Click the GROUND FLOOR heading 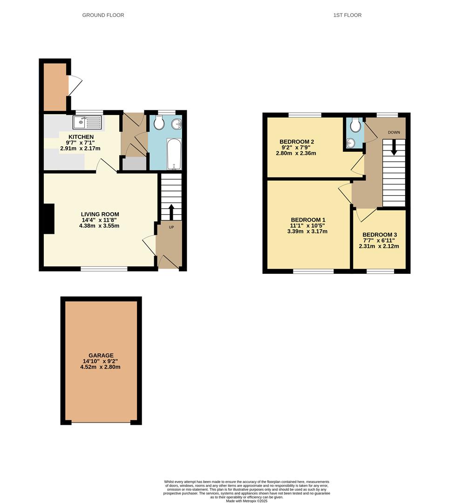tap(103, 15)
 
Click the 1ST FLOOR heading tap(347, 15)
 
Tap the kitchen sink tap(87, 123)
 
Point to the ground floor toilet tap(158, 123)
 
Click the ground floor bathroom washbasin tap(177, 124)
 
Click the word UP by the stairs tap(171, 227)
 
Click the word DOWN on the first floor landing tap(394, 132)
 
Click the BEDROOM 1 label tap(308, 220)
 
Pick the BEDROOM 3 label tap(379, 235)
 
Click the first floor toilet tap(356, 125)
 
